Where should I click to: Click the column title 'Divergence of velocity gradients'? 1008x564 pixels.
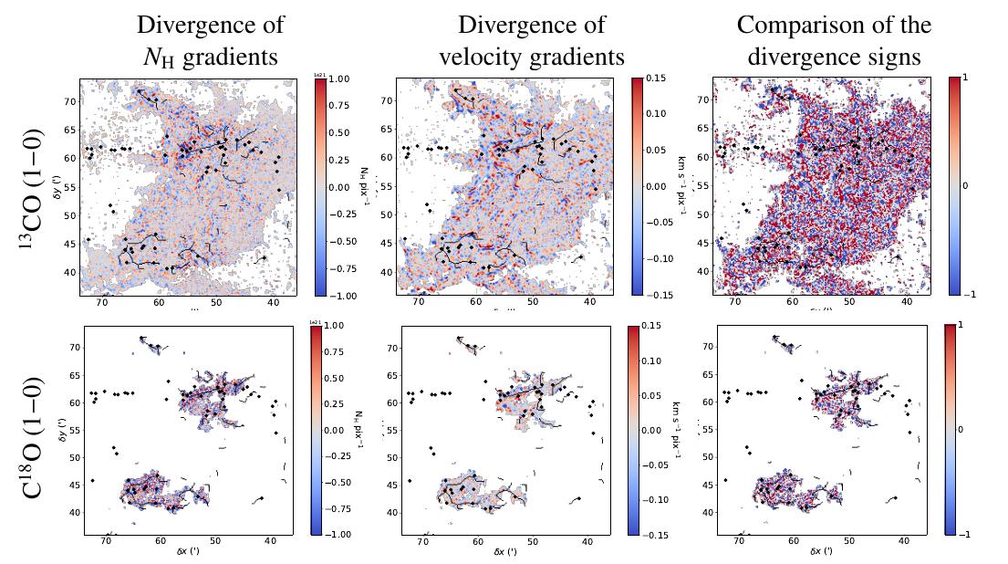click(531, 40)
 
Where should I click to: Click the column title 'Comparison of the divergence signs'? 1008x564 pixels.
click(834, 40)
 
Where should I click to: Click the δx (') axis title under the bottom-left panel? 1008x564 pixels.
click(187, 553)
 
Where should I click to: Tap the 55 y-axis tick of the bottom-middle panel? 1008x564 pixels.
click(388, 430)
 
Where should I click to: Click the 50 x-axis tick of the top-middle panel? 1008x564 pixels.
click(532, 302)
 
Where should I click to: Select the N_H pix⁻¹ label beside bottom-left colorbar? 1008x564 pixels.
click(361, 430)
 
